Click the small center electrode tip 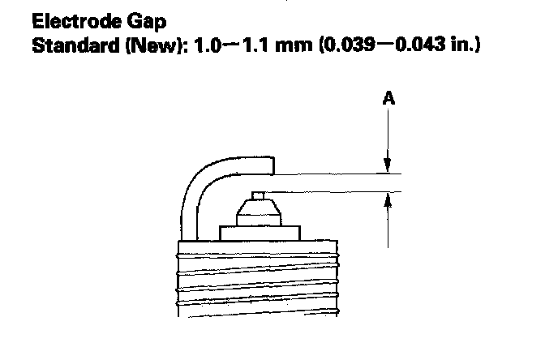[x=259, y=194]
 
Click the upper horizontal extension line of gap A [x=333, y=173]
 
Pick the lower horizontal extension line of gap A [x=333, y=191]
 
